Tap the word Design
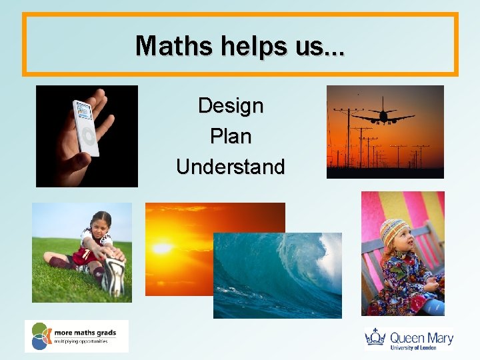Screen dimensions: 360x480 pos(231,105)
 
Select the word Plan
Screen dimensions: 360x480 pos(231,136)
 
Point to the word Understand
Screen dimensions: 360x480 pos(231,167)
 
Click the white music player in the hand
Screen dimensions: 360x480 pos(86,128)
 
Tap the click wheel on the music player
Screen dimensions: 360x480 pos(87,138)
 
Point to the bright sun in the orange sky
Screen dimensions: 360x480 pos(162,248)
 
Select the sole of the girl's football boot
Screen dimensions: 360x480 pos(114,277)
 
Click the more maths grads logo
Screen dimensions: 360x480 pos(76,336)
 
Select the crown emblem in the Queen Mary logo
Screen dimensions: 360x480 pos(375,337)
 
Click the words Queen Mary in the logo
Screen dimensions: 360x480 pos(421,337)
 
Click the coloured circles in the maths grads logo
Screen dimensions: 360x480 pos(40,336)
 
